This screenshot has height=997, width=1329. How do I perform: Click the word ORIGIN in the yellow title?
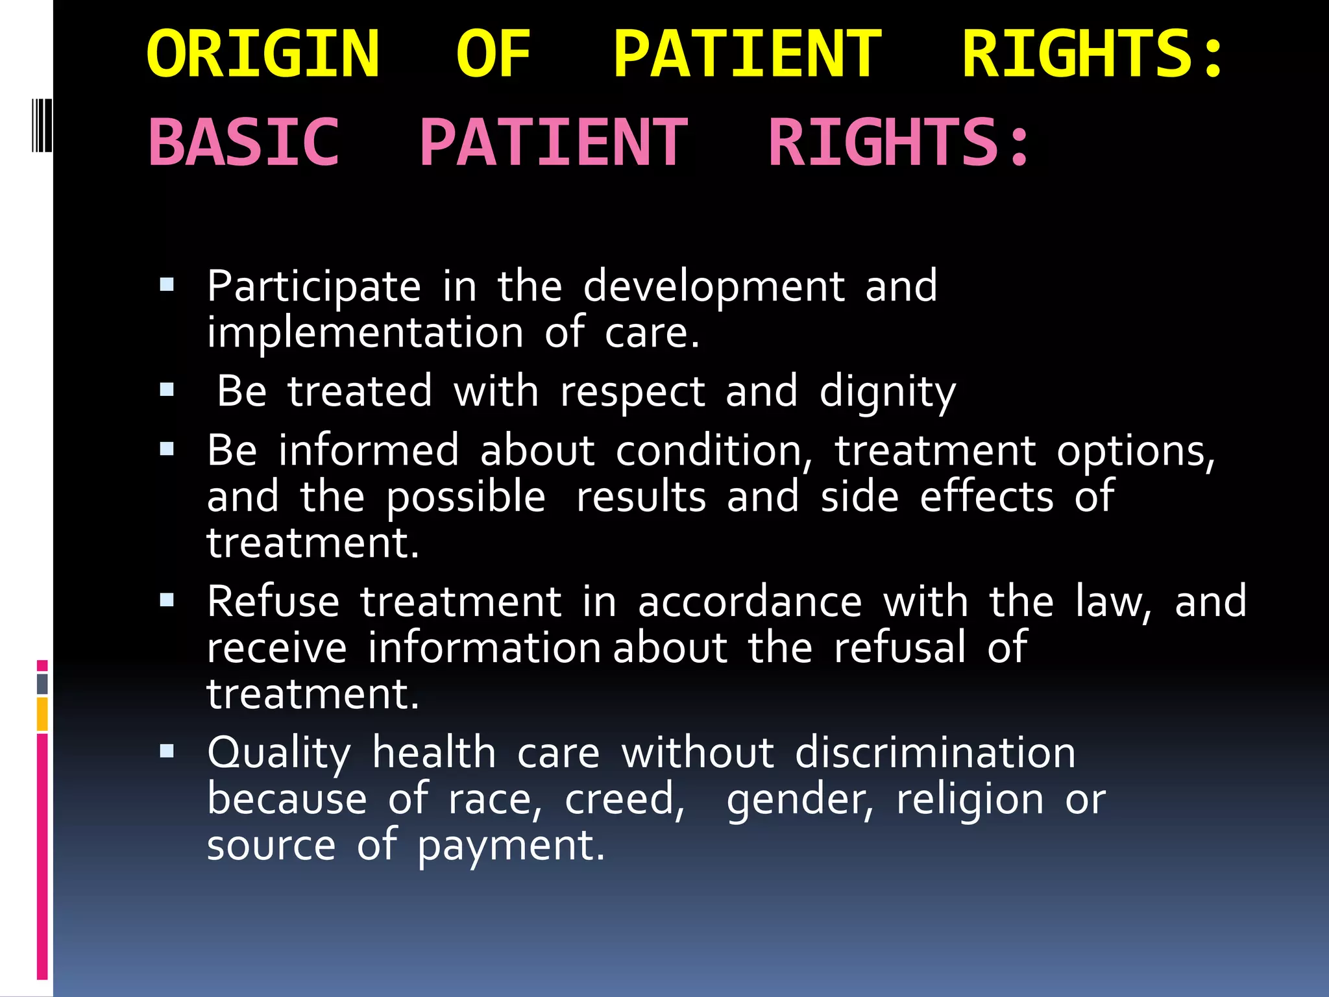point(263,55)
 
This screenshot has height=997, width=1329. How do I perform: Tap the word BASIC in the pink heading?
point(244,142)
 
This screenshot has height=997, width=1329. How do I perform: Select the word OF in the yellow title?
point(493,55)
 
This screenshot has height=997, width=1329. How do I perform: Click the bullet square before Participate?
point(167,284)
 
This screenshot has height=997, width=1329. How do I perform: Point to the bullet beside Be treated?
point(167,389)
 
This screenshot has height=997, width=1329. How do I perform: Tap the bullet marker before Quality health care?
point(167,751)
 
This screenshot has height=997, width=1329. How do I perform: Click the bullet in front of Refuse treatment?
point(167,600)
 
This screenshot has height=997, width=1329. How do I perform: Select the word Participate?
point(314,287)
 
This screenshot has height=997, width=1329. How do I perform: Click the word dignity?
point(887,393)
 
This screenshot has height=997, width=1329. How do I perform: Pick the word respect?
point(632,393)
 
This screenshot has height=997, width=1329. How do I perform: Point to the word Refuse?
point(273,602)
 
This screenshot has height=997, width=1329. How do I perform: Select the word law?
point(1112,602)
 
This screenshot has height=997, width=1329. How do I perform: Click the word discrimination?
point(935,753)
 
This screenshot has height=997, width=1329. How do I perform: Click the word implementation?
point(365,333)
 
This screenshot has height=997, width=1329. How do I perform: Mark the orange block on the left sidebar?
point(42,713)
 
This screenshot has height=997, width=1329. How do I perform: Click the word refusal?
point(899,648)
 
